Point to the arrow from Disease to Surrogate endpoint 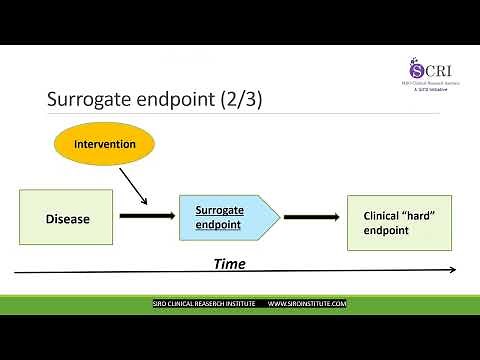[145, 216]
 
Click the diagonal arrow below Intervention [133, 186]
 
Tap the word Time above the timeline [229, 264]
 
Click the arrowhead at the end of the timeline [452, 269]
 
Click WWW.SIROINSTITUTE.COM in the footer [307, 303]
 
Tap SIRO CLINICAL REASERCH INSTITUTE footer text [197, 303]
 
